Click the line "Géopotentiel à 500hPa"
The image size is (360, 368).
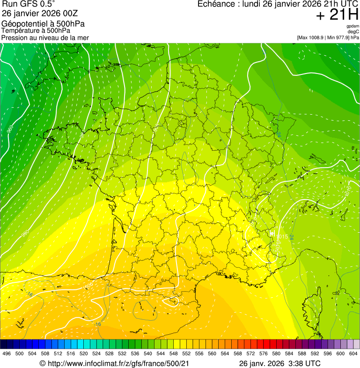click(x=43, y=23)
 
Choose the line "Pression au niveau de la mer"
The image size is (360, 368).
click(x=45, y=37)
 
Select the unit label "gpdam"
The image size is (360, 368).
click(x=353, y=26)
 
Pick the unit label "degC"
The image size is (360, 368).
click(x=353, y=31)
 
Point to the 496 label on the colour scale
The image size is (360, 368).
click(x=7, y=354)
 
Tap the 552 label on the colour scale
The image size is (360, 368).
click(x=186, y=354)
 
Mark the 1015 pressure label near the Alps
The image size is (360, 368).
click(x=282, y=236)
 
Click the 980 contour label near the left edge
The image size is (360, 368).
click(x=10, y=130)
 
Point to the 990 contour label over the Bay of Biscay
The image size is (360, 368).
click(x=25, y=233)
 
